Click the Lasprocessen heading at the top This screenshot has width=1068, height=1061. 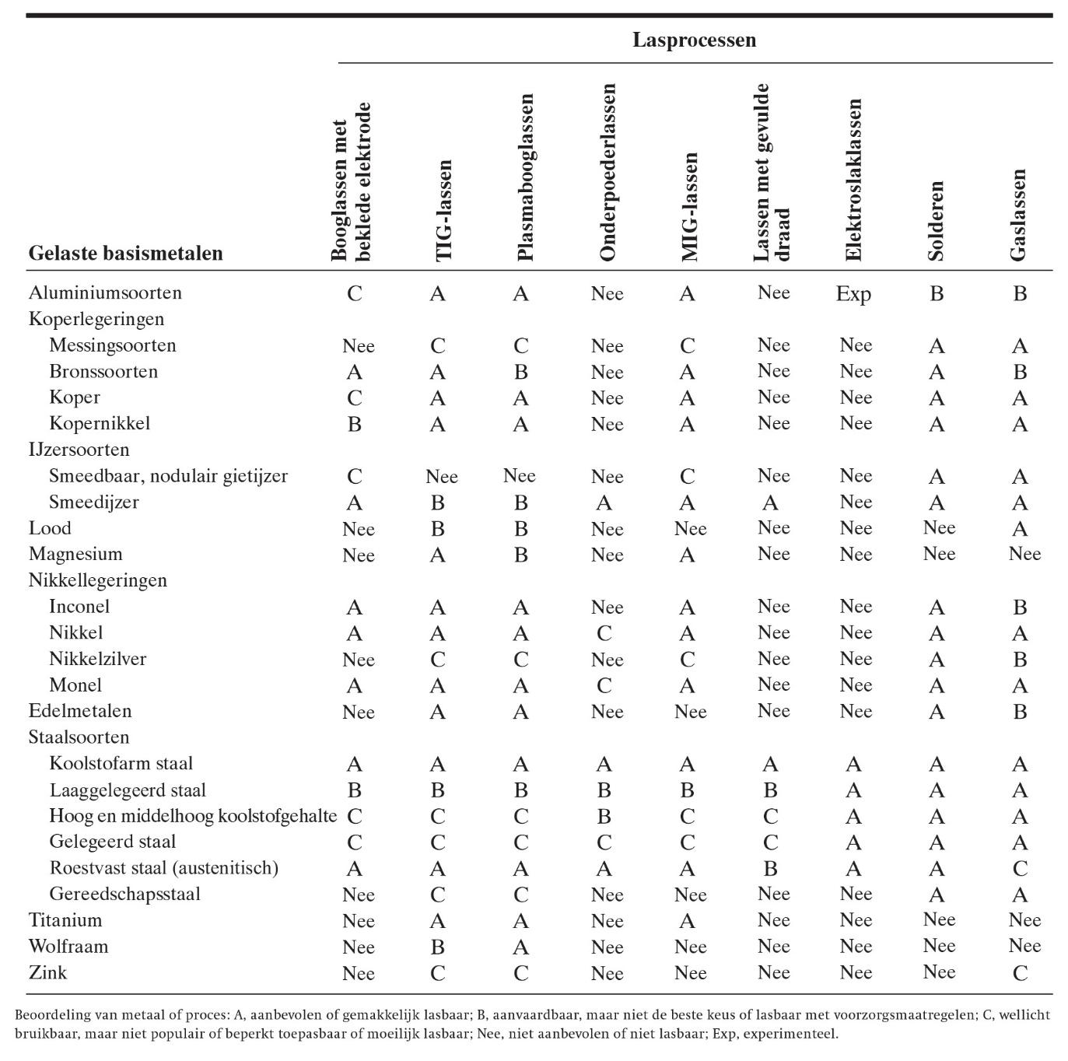tap(694, 40)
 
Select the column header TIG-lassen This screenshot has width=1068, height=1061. tap(442, 210)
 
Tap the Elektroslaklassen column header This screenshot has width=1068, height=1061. tap(853, 180)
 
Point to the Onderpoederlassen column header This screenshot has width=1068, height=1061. tap(608, 173)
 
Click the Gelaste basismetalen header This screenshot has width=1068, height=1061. tap(126, 253)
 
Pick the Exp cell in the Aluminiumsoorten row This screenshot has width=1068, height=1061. tap(853, 294)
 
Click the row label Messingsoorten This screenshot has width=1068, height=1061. tap(113, 345)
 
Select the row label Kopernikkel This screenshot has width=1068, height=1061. tap(100, 424)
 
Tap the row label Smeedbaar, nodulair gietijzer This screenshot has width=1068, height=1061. tap(168, 476)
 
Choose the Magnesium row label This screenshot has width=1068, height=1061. tap(75, 555)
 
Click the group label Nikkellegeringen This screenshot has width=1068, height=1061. tap(98, 580)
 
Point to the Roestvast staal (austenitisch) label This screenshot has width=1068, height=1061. tap(163, 868)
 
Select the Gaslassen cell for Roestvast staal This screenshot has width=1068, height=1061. tap(1020, 869)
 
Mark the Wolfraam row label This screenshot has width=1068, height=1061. tap(68, 947)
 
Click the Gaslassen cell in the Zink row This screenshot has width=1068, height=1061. tap(1020, 973)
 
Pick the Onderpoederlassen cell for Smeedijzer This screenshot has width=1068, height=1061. tap(604, 502)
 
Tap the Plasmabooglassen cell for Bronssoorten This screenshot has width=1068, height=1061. tap(520, 372)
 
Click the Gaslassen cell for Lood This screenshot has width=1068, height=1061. tap(1020, 529)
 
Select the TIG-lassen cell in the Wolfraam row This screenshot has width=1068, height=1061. tap(437, 947)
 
